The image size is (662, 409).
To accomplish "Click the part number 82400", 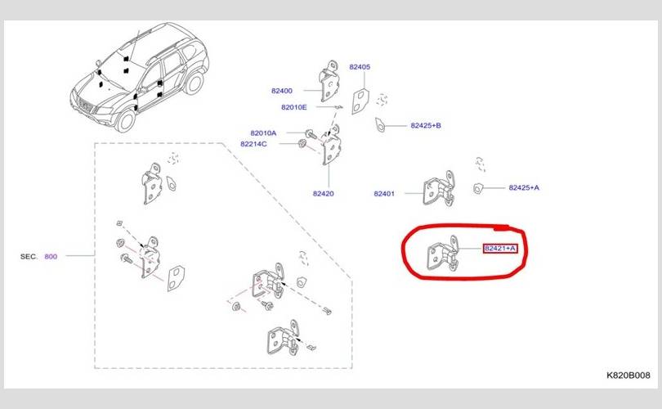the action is click(x=282, y=91).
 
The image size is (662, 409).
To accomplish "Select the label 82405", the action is click(x=360, y=67).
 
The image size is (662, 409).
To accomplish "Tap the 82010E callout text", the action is click(x=294, y=107).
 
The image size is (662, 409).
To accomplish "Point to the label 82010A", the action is click(x=263, y=133).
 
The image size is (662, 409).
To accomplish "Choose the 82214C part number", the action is click(x=253, y=144).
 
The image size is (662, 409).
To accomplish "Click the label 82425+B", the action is click(x=426, y=125).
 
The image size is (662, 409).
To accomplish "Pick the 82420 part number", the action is click(x=323, y=194).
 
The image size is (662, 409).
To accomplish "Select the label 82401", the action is click(x=384, y=194).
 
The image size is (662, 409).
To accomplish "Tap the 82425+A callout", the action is click(x=524, y=187).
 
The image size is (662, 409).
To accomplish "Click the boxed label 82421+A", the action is click(x=500, y=249).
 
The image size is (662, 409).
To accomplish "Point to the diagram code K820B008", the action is click(x=628, y=375).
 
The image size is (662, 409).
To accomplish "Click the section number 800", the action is click(x=51, y=257).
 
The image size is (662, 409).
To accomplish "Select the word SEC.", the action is click(x=29, y=257).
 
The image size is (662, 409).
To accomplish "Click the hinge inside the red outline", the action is click(x=442, y=254).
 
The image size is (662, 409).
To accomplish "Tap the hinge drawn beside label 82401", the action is click(x=439, y=190).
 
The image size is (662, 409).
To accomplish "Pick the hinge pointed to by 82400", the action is click(x=329, y=81).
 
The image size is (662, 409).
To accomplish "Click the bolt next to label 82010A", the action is click(x=311, y=134).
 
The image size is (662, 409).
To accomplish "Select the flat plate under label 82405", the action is click(x=360, y=101).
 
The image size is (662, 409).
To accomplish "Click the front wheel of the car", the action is click(x=125, y=120).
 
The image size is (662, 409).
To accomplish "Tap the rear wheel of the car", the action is click(x=195, y=83).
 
